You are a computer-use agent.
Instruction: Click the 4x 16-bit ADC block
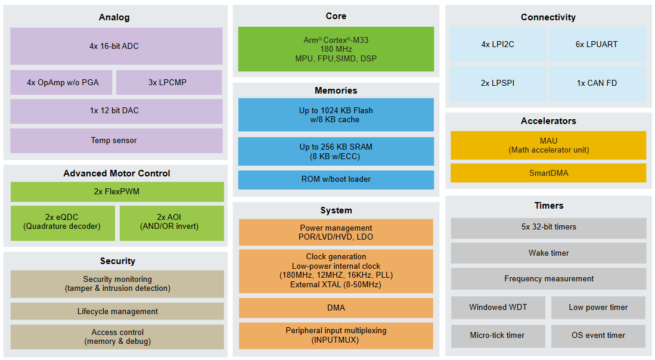pos(116,46)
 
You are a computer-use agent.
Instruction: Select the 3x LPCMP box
pos(169,82)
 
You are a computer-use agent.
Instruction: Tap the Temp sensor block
pos(116,141)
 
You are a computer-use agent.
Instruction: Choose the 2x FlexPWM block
pos(117,192)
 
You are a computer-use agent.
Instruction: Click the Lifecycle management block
pos(117,311)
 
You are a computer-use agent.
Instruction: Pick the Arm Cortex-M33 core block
pos(336,49)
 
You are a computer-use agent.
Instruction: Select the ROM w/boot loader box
pos(336,179)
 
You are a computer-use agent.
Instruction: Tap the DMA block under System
pos(336,308)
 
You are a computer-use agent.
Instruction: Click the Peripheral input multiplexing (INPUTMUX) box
pos(336,335)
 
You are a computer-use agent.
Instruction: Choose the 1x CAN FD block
pos(597,83)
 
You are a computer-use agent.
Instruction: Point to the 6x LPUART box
pos(597,45)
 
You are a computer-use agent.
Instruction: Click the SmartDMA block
pos(548,173)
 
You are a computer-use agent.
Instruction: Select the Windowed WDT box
pos(498,308)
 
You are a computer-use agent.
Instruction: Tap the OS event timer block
pos(598,336)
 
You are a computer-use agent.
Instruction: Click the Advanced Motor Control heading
pos(117,173)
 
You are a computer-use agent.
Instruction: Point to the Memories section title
pos(336,91)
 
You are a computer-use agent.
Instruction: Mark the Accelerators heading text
pos(548,121)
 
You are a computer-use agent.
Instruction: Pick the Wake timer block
pos(548,253)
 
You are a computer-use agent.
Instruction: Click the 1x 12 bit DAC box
pos(116,111)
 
